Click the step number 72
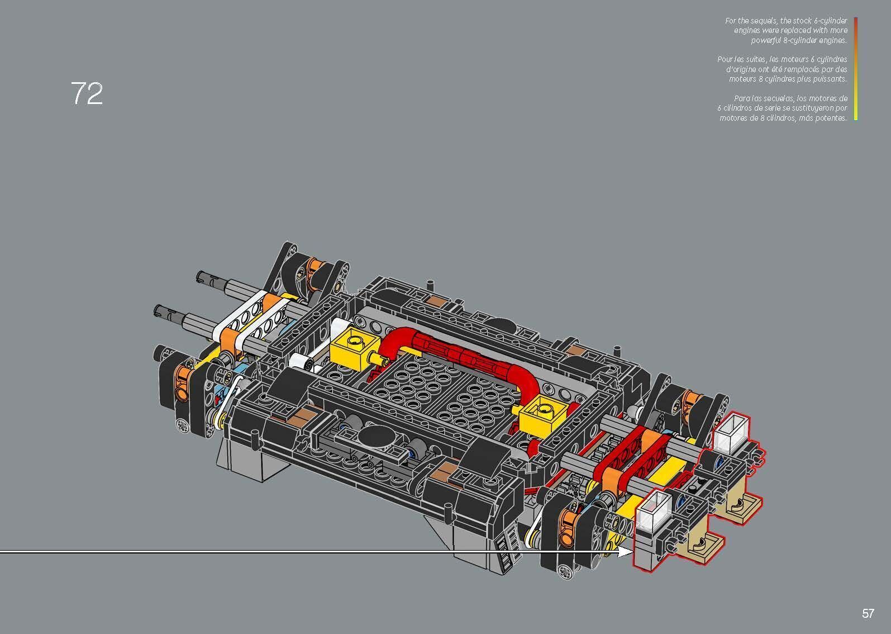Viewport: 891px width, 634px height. [x=87, y=94]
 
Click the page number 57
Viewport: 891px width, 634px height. [x=868, y=614]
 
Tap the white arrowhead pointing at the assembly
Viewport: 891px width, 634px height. [x=625, y=552]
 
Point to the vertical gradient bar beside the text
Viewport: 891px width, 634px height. [x=855, y=69]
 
